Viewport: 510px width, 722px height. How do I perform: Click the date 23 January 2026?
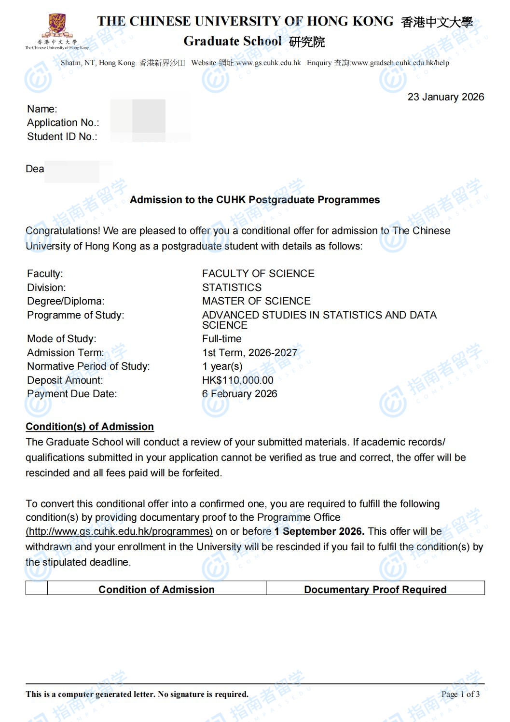point(445,97)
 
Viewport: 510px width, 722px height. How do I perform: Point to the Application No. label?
point(63,123)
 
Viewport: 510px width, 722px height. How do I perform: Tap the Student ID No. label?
point(62,137)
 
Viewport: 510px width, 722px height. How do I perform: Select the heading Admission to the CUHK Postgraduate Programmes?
point(255,200)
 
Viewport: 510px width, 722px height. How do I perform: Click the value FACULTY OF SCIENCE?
point(258,274)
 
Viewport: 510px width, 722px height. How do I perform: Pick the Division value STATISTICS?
point(232,288)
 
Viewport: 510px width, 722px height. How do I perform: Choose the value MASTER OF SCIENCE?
point(256,301)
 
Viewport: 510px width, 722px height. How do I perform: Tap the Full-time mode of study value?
point(221,339)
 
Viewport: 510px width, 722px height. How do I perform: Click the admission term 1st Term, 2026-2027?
point(249,353)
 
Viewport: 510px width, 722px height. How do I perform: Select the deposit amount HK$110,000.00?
point(237,380)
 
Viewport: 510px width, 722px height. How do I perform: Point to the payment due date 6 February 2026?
point(239,394)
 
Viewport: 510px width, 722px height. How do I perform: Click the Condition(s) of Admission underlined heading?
point(90,427)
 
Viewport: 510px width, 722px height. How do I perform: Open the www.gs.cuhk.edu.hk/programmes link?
point(119,531)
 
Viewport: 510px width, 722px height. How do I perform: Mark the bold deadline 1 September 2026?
point(319,531)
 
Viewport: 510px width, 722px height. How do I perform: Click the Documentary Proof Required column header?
point(375,589)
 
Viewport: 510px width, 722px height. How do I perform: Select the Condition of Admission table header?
point(156,589)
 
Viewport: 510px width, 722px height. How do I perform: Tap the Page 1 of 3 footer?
point(460,694)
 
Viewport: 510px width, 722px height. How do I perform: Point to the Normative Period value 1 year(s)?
point(222,366)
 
